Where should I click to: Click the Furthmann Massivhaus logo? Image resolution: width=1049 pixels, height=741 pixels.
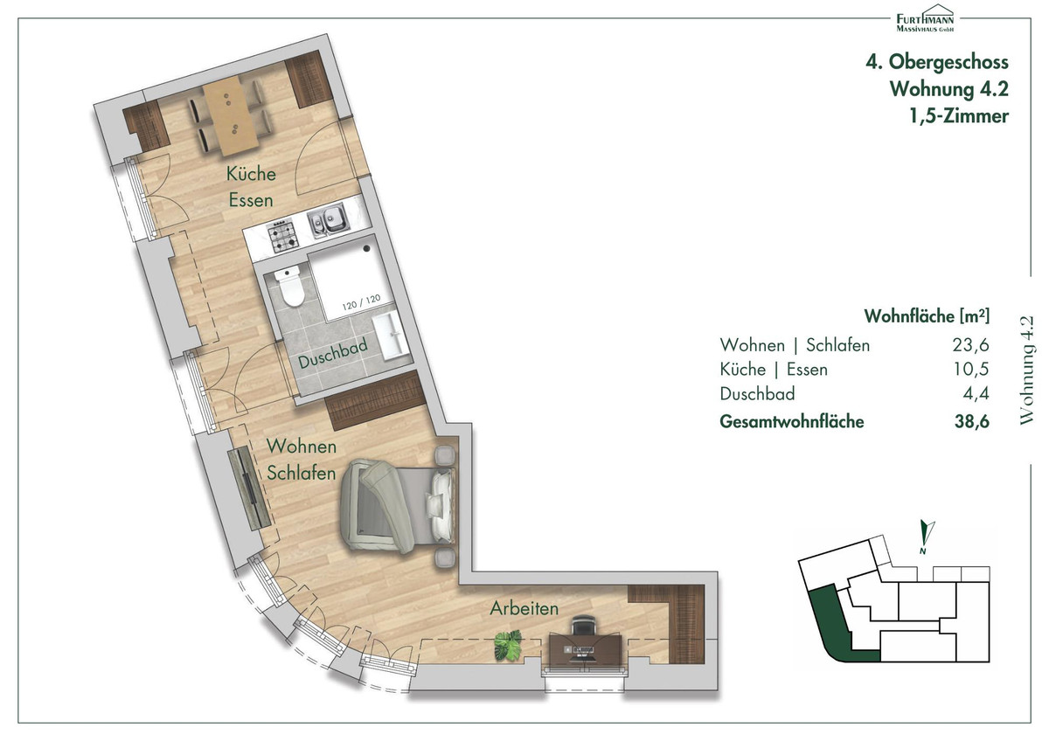tap(925, 18)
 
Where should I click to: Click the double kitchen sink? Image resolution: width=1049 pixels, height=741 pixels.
tap(329, 220)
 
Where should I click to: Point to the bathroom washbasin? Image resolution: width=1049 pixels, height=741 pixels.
tap(391, 336)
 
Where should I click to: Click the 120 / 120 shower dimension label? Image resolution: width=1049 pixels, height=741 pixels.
tap(361, 302)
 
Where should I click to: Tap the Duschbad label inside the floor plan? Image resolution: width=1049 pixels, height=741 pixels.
tap(333, 354)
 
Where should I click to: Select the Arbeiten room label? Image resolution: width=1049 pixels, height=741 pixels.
tap(524, 608)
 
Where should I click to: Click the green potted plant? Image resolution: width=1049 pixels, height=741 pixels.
tap(509, 646)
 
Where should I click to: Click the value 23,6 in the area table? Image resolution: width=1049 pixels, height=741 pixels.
tap(971, 345)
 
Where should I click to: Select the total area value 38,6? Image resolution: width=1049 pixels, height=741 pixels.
tap(972, 422)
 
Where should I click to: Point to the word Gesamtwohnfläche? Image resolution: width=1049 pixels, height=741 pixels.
tap(791, 422)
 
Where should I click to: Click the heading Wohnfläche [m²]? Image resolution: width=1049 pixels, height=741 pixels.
tap(927, 316)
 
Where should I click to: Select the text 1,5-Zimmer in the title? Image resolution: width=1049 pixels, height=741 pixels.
tap(959, 116)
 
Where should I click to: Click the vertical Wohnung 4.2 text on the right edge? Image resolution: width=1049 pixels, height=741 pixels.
tap(1026, 370)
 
